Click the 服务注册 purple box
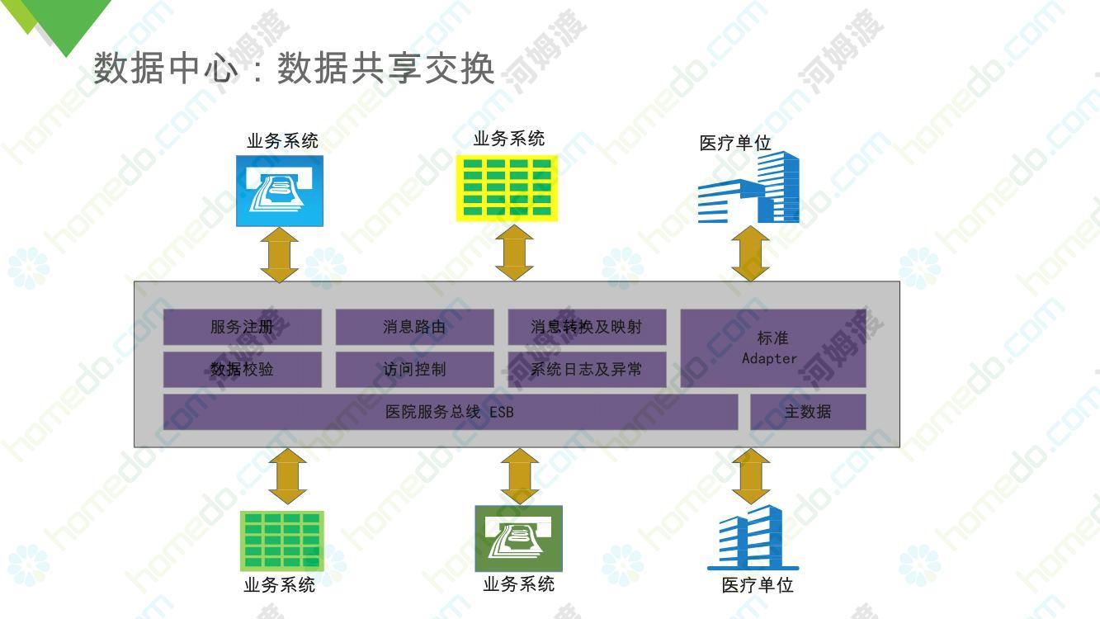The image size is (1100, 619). pyautogui.click(x=242, y=327)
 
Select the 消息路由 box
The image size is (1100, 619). pyautogui.click(x=414, y=327)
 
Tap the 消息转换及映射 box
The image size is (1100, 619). pyautogui.click(x=587, y=327)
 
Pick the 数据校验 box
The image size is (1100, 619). pyautogui.click(x=242, y=370)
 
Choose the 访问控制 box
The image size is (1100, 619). pyautogui.click(x=414, y=370)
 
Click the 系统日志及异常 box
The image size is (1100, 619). pyautogui.click(x=587, y=370)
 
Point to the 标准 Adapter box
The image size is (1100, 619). pyautogui.click(x=773, y=348)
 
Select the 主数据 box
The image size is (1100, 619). pyautogui.click(x=808, y=412)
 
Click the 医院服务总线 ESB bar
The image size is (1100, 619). pyautogui.click(x=451, y=412)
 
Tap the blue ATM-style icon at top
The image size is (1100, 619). pyautogui.click(x=280, y=191)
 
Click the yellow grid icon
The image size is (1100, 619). pyautogui.click(x=507, y=188)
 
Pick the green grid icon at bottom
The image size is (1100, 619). pyautogui.click(x=282, y=541)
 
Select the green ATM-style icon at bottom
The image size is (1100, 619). pyautogui.click(x=518, y=538)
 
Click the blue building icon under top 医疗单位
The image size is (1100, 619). pyautogui.click(x=748, y=187)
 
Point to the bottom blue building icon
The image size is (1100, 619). pyautogui.click(x=753, y=537)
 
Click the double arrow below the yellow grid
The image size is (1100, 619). pyautogui.click(x=514, y=253)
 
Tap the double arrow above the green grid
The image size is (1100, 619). pyautogui.click(x=288, y=476)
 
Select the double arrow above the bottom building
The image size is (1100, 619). pyautogui.click(x=751, y=476)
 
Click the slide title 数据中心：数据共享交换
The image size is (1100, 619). pyautogui.click(x=294, y=68)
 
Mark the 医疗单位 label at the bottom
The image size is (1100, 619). pyautogui.click(x=758, y=585)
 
